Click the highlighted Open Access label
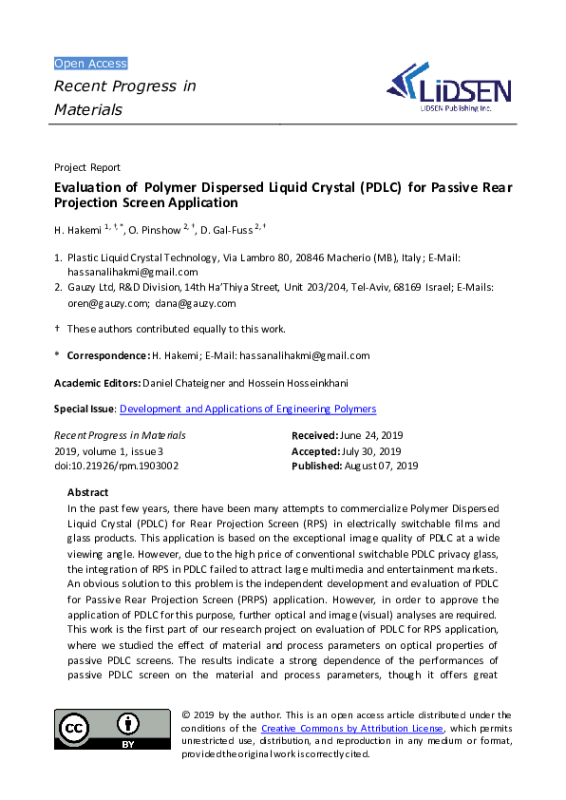[90, 64]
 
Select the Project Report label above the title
[87, 167]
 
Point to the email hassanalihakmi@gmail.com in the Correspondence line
[304, 355]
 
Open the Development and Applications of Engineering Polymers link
[248, 409]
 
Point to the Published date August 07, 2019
[382, 466]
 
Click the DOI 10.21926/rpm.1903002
[116, 466]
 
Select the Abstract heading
[87, 493]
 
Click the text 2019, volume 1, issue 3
[108, 450]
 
